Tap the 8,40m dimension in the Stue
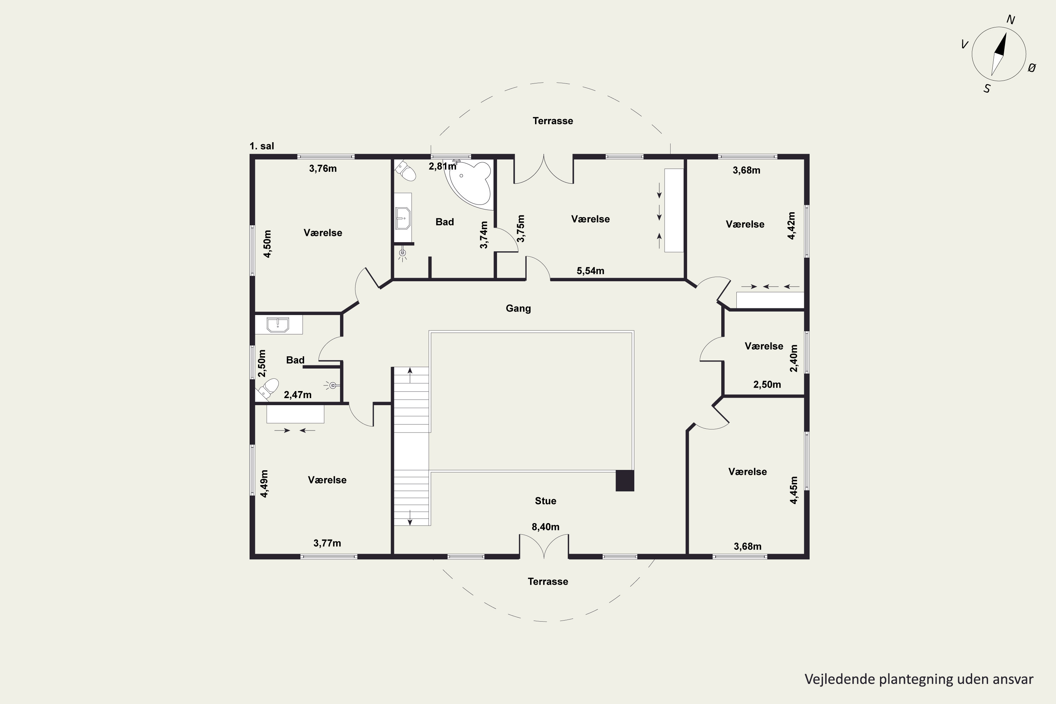coord(546,527)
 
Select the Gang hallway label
coord(518,308)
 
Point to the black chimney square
coord(624,480)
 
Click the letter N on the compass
coord(1011,19)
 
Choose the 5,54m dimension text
coord(590,271)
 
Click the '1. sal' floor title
coord(262,146)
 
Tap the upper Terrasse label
coord(553,121)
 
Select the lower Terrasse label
coord(548,582)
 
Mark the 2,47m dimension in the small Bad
coord(298,395)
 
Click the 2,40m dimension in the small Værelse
coord(794,358)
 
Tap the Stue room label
coord(546,501)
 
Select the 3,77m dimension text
coord(327,543)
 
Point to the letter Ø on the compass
coord(1032,68)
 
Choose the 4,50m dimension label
coord(267,244)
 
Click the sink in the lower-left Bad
coord(278,325)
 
